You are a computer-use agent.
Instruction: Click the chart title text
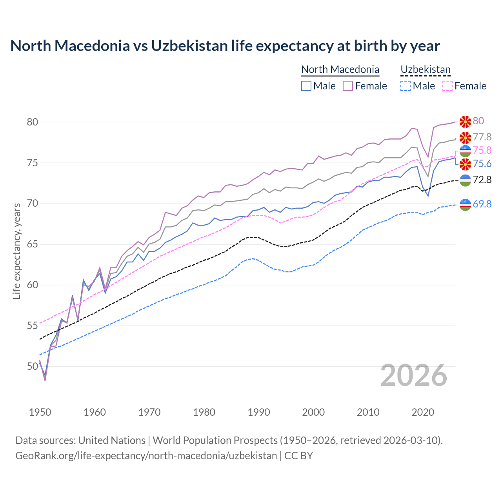pyautogui.click(x=225, y=46)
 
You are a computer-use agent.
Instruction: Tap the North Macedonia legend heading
pyautogui.click(x=340, y=69)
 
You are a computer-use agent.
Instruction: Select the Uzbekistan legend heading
pyautogui.click(x=425, y=69)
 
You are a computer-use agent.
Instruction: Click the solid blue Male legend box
pyautogui.click(x=306, y=86)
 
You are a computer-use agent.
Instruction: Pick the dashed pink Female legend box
pyautogui.click(x=447, y=86)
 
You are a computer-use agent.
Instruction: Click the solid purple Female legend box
pyautogui.click(x=348, y=86)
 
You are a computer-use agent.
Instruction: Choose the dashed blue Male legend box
pyautogui.click(x=406, y=86)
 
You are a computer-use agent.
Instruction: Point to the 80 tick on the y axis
pyautogui.click(x=33, y=122)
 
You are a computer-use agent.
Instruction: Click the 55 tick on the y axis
pyautogui.click(x=33, y=326)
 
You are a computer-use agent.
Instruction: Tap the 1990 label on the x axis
pyautogui.click(x=259, y=412)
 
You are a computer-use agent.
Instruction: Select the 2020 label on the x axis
pyautogui.click(x=423, y=412)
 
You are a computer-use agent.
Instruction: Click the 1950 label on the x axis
pyautogui.click(x=40, y=412)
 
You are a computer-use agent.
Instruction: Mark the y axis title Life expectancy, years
pyautogui.click(x=16, y=251)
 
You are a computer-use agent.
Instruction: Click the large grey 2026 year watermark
pyautogui.click(x=413, y=375)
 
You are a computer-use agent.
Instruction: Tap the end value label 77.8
pyautogui.click(x=482, y=137)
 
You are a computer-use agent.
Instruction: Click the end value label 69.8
pyautogui.click(x=482, y=204)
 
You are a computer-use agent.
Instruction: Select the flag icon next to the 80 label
pyautogui.click(x=465, y=122)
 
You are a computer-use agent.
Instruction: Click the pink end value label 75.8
pyautogui.click(x=482, y=150)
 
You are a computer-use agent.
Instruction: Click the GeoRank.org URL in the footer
pyautogui.click(x=146, y=456)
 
